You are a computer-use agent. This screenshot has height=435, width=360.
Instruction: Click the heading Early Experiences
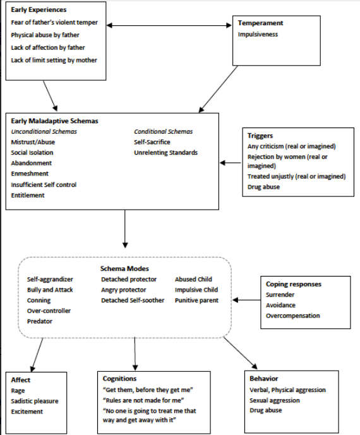click(x=39, y=9)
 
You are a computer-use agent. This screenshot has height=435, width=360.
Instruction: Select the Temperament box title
click(x=260, y=23)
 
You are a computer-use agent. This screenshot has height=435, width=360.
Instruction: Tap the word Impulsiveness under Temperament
click(x=258, y=34)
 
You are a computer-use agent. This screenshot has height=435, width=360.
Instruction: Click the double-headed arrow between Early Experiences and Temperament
click(x=169, y=25)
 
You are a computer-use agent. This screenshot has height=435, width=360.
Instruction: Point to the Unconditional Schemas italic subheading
click(x=44, y=131)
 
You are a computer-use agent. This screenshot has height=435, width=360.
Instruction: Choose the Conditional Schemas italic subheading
click(x=163, y=131)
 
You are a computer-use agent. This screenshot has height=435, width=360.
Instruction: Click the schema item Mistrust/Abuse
click(x=33, y=142)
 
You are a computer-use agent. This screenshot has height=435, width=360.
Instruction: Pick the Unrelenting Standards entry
click(x=165, y=153)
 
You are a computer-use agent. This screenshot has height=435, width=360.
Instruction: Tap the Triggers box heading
click(x=260, y=136)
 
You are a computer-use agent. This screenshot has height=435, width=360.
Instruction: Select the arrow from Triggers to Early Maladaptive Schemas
click(x=231, y=163)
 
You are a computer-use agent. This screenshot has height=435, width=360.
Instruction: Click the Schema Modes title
click(x=124, y=268)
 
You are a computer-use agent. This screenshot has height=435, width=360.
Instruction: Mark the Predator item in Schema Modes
click(x=40, y=321)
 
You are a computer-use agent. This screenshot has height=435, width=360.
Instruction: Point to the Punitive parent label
click(x=196, y=300)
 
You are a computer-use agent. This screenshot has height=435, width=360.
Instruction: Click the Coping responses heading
click(x=294, y=284)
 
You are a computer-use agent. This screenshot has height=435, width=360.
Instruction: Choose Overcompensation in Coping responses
click(x=293, y=316)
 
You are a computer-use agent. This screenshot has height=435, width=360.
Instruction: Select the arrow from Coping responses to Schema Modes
click(x=247, y=300)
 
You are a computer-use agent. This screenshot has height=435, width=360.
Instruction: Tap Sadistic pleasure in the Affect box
click(x=35, y=401)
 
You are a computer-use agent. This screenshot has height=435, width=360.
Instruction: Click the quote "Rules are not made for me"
click(x=143, y=400)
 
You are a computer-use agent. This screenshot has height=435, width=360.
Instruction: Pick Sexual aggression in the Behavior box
click(x=275, y=400)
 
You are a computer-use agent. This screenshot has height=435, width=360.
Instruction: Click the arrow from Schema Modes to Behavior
click(x=241, y=353)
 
